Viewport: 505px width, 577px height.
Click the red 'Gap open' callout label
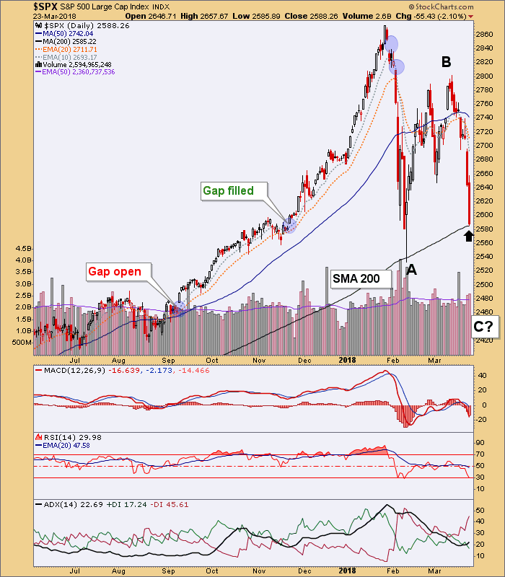[x=119, y=272]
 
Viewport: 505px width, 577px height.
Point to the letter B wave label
[x=447, y=63]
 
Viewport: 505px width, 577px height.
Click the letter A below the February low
[x=411, y=270]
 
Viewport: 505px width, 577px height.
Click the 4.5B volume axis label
[x=22, y=249]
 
